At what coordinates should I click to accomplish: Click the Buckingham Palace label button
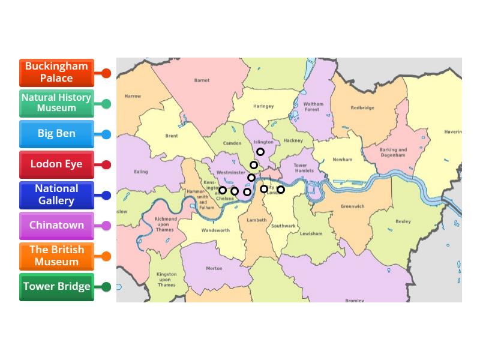pyautogui.click(x=56, y=73)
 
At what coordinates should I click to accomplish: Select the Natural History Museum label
pyautogui.click(x=56, y=103)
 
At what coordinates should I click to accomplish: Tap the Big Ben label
pyautogui.click(x=56, y=134)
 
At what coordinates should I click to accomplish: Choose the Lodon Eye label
pyautogui.click(x=56, y=164)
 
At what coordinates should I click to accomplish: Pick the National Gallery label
pyautogui.click(x=56, y=195)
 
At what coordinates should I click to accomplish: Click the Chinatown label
pyautogui.click(x=56, y=226)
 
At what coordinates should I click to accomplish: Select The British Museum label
pyautogui.click(x=56, y=256)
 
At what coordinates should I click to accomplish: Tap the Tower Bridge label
pyautogui.click(x=56, y=287)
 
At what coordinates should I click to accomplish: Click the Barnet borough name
pyautogui.click(x=202, y=80)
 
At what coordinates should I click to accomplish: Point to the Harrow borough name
pyautogui.click(x=133, y=96)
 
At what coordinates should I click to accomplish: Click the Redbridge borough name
pyautogui.click(x=362, y=108)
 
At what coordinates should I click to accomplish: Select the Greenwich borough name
pyautogui.click(x=352, y=206)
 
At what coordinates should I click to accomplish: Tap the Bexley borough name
pyautogui.click(x=403, y=221)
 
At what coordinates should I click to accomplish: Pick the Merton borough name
pyautogui.click(x=214, y=269)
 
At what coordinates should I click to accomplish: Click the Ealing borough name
pyautogui.click(x=140, y=172)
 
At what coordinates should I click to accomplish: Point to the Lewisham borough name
pyautogui.click(x=311, y=234)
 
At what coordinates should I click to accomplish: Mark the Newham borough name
pyautogui.click(x=342, y=160)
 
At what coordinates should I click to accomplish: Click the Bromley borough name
pyautogui.click(x=355, y=300)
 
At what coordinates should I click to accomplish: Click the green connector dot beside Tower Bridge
pyautogui.click(x=106, y=287)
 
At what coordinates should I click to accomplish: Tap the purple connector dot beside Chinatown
pyautogui.click(x=106, y=226)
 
